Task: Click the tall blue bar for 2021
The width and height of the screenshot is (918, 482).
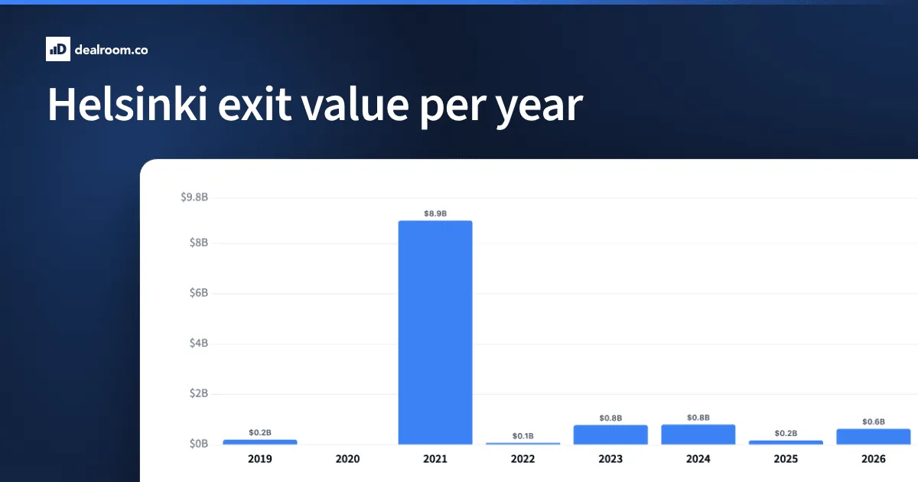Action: [435, 332]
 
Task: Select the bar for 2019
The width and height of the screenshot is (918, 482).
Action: [260, 442]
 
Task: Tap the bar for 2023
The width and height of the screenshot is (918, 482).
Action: [610, 435]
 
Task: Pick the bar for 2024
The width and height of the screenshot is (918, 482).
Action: [698, 434]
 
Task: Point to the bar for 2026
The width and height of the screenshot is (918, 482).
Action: [874, 437]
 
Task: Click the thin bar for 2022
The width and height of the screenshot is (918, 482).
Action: [523, 443]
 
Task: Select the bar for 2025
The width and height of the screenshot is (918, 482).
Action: [786, 442]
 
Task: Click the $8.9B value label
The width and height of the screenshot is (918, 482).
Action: [435, 213]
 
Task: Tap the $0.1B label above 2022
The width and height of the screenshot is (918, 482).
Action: [523, 435]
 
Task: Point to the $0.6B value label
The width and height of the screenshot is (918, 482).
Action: [874, 422]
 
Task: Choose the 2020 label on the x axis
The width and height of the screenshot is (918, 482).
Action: [347, 458]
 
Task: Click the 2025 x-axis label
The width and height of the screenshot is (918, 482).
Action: [786, 458]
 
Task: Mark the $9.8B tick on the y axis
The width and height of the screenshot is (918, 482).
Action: [194, 197]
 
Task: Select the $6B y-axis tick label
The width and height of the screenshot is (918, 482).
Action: [199, 292]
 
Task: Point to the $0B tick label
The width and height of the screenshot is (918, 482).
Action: [199, 444]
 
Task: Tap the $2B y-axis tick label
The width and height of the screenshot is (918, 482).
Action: [199, 393]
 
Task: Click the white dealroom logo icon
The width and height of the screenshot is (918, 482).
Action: [58, 49]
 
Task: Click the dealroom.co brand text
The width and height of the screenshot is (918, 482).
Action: [111, 50]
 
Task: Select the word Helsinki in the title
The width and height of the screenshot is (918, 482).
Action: [128, 104]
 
